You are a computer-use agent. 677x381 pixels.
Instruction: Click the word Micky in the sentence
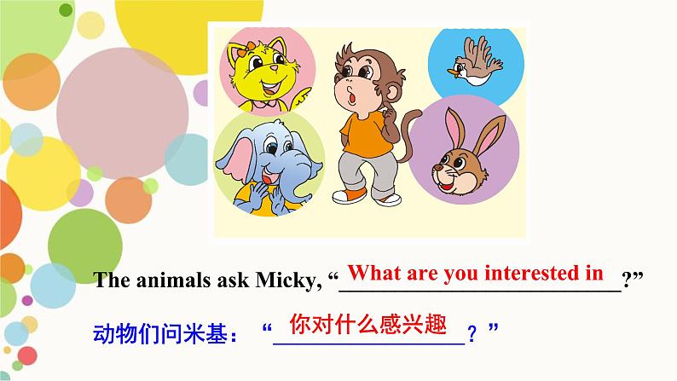click(286, 281)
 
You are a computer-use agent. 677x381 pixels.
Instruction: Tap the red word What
click(375, 274)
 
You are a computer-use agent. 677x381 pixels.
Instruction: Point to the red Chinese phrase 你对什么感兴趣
click(368, 325)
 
